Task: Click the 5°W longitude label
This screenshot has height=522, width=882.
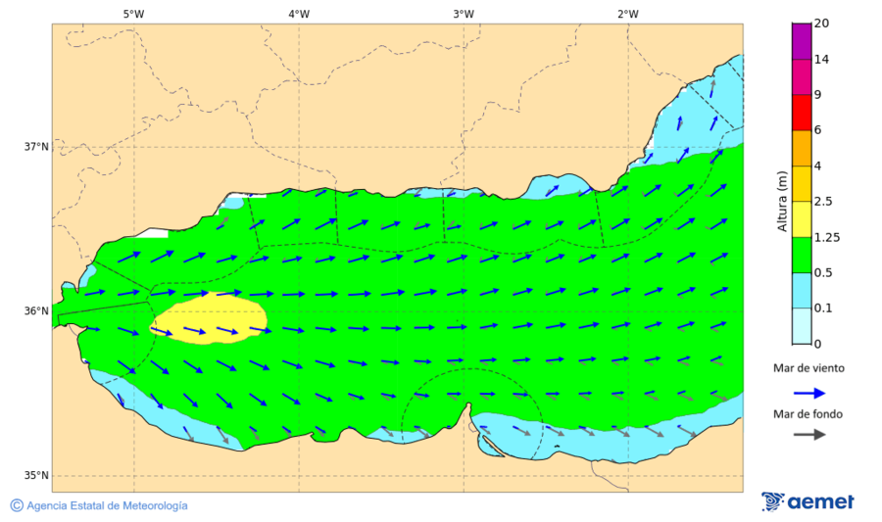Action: coord(134,14)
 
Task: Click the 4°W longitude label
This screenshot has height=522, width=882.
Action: coord(299,14)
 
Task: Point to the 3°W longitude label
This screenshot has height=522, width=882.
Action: coord(464,14)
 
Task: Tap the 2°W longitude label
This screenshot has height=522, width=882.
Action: coord(628,14)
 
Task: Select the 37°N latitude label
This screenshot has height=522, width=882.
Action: coord(36,147)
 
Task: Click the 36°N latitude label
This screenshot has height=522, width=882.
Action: coord(36,311)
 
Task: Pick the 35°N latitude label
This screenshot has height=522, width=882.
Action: coord(36,476)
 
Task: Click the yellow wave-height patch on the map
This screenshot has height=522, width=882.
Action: coord(208,317)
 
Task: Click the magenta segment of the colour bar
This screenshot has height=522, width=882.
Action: coord(802,41)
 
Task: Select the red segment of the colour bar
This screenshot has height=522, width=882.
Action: coord(802,112)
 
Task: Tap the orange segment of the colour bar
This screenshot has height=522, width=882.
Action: coord(802,148)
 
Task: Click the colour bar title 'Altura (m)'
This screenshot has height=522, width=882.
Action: coord(781,201)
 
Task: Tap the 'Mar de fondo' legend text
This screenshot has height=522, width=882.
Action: coord(808,414)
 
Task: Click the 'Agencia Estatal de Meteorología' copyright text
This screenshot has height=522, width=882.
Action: coord(107,505)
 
